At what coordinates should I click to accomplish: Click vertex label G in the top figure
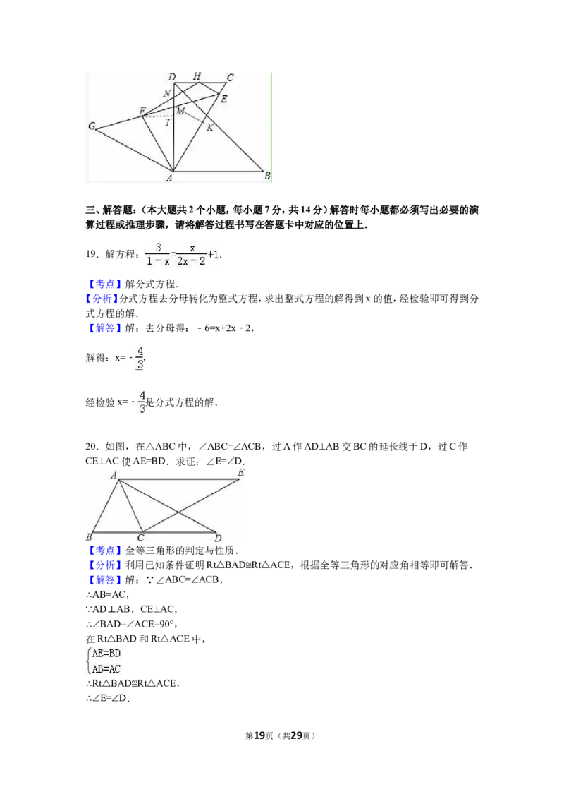92,126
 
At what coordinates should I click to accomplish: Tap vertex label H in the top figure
197,76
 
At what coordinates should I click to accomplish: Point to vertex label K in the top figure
209,128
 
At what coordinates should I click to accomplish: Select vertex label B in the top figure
266,176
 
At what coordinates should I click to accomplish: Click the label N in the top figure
167,93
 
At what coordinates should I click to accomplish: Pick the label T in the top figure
168,122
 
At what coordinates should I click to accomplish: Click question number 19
92,254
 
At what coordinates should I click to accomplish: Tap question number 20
92,447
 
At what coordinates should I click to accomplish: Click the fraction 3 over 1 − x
158,254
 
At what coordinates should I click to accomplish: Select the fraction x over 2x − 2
191,254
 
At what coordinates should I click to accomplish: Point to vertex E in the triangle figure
241,473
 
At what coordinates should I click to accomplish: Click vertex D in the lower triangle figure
218,538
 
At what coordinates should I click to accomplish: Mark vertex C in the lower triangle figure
140,538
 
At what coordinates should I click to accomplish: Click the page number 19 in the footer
259,735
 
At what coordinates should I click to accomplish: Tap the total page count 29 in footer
297,735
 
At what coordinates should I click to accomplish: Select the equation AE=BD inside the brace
106,654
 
